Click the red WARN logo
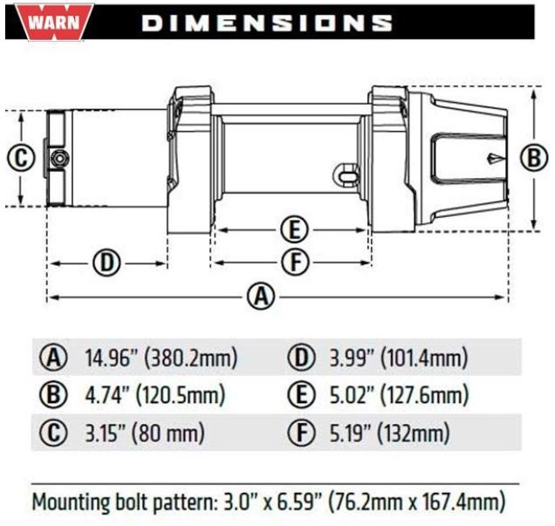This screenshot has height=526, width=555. pyautogui.click(x=54, y=23)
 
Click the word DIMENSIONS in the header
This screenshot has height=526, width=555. pyautogui.click(x=267, y=23)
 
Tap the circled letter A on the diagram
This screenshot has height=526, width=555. pyautogui.click(x=261, y=297)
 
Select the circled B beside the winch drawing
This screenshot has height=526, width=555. pyautogui.click(x=534, y=158)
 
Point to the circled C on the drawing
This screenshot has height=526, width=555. pyautogui.click(x=21, y=158)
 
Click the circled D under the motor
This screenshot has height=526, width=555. pyautogui.click(x=106, y=263)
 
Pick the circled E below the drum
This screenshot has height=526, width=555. pyautogui.click(x=295, y=230)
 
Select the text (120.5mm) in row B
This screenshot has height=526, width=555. pyautogui.click(x=181, y=395)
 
